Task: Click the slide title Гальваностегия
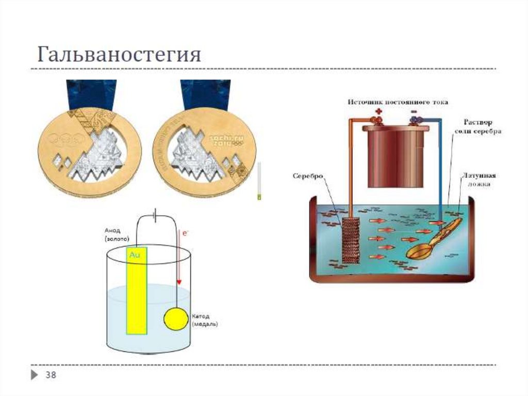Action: (x=119, y=54)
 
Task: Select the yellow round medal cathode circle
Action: (x=176, y=319)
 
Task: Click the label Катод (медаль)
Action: (x=205, y=320)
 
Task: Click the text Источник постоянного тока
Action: (x=397, y=102)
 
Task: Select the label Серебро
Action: (x=308, y=176)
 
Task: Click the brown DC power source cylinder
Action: (x=396, y=155)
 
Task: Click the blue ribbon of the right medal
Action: (x=205, y=94)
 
